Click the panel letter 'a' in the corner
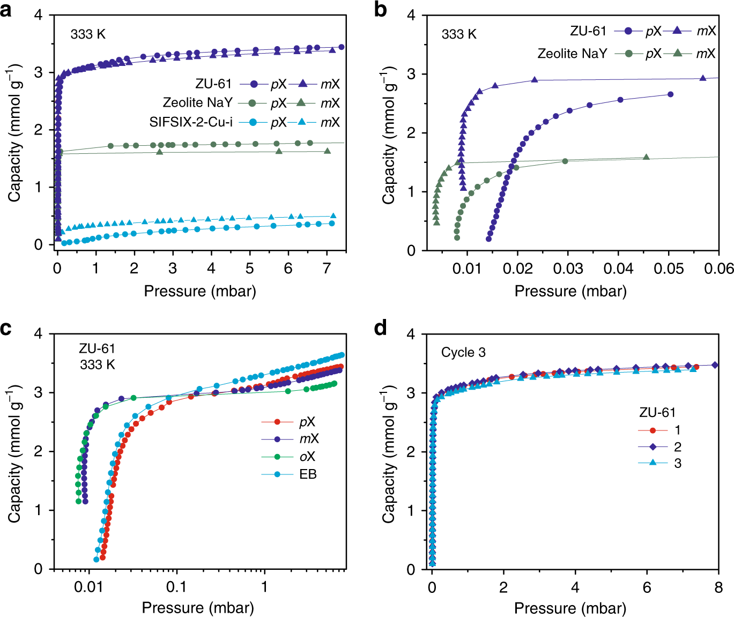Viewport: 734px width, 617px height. click(6, 10)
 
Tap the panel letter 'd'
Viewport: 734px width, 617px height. click(380, 328)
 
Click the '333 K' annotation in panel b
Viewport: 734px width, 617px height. click(459, 34)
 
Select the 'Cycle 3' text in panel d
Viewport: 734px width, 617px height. click(463, 352)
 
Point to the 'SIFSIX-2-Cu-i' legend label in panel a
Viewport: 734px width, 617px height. click(191, 122)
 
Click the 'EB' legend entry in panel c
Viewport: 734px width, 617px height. click(308, 474)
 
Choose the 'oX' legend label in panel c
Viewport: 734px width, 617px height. click(307, 457)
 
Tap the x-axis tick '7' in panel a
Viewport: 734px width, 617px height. click(327, 269)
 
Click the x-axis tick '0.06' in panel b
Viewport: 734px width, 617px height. click(718, 269)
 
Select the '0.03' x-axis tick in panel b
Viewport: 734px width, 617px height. click(568, 269)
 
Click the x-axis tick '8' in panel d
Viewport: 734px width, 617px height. click(718, 588)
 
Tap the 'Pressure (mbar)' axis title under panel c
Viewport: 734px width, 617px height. click(198, 608)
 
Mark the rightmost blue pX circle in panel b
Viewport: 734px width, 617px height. click(670, 94)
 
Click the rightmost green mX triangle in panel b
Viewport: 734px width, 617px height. click(646, 157)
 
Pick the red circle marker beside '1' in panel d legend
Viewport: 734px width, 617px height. click(653, 430)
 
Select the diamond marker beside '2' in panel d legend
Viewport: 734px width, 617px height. click(653, 447)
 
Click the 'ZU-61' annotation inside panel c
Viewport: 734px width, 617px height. click(97, 348)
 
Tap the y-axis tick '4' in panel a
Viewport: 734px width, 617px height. click(38, 14)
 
